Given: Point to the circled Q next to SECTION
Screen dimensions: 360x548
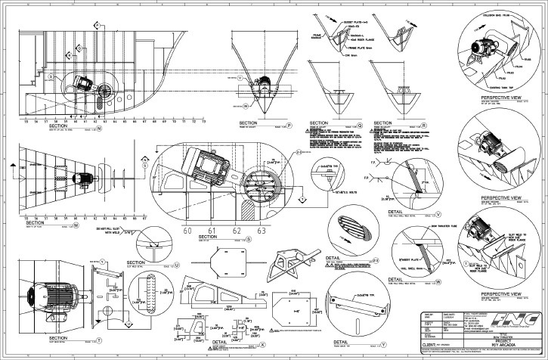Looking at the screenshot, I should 359,123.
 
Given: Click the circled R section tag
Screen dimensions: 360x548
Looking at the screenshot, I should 424,123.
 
